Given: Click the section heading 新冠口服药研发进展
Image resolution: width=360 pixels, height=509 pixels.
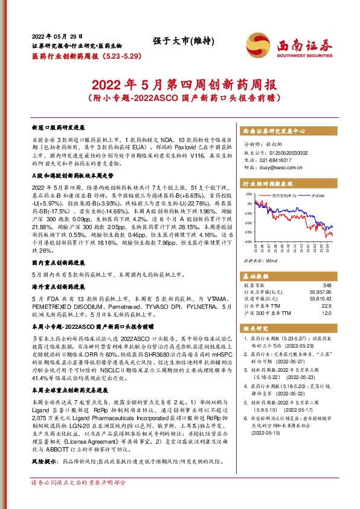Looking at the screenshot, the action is click(58, 129).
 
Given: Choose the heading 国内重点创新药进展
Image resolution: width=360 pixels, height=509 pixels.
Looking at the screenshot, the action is click(58, 263).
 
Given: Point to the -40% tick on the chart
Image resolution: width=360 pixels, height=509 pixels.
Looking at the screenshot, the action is click(248, 241).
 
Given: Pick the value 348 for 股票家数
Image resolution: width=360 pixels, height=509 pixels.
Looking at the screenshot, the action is click(327, 285).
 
